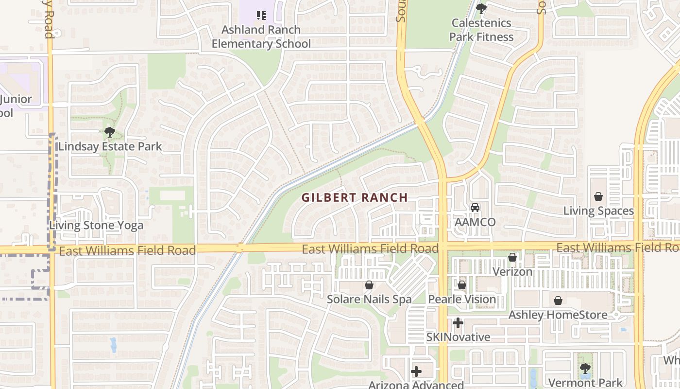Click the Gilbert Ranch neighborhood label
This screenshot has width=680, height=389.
pos(355,197)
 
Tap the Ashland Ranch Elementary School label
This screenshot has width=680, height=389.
pos(261,36)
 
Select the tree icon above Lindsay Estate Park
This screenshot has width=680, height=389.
pos(110,132)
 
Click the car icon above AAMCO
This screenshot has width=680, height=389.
pos(475,208)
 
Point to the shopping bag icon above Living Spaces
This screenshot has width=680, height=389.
pos(598,196)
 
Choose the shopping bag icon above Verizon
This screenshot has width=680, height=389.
pos(512,257)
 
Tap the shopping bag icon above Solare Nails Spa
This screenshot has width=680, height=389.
pos(369,285)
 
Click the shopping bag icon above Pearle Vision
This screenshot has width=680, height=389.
pos(462,285)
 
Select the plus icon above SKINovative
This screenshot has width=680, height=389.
pos(458,323)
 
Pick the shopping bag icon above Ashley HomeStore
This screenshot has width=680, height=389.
pos(558,301)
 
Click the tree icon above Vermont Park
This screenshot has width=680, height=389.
pos(585,369)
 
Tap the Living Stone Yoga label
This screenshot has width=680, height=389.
pos(96,225)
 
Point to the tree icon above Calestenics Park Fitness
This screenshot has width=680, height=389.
pos(481,8)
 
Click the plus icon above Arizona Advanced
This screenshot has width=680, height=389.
pos(416,371)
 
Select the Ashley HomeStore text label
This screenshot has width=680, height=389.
pos(558,315)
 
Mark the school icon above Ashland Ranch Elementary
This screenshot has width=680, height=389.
pos(261,16)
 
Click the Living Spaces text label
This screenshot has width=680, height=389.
pos(598,211)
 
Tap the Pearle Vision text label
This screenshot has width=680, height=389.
pos(462,300)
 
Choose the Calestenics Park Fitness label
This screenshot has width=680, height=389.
pos(481,30)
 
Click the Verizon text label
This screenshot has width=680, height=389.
pos(512,272)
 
